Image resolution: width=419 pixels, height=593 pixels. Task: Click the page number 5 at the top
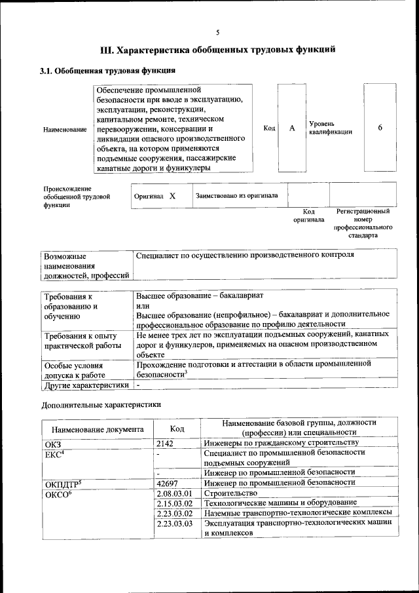(217, 31)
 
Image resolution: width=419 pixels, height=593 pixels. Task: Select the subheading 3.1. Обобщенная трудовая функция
(107, 71)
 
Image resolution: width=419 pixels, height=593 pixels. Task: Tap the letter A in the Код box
(292, 128)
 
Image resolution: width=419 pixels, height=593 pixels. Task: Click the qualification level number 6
(380, 128)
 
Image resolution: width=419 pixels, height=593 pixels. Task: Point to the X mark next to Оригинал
(172, 196)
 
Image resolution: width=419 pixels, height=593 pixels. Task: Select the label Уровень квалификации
(331, 128)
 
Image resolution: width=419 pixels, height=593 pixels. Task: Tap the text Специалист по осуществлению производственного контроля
(245, 254)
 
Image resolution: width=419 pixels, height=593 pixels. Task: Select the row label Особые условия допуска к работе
(75, 371)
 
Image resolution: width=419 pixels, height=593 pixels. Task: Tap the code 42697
(168, 483)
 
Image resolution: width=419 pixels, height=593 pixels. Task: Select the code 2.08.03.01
(173, 493)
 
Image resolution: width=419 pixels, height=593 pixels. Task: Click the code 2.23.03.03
(173, 524)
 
